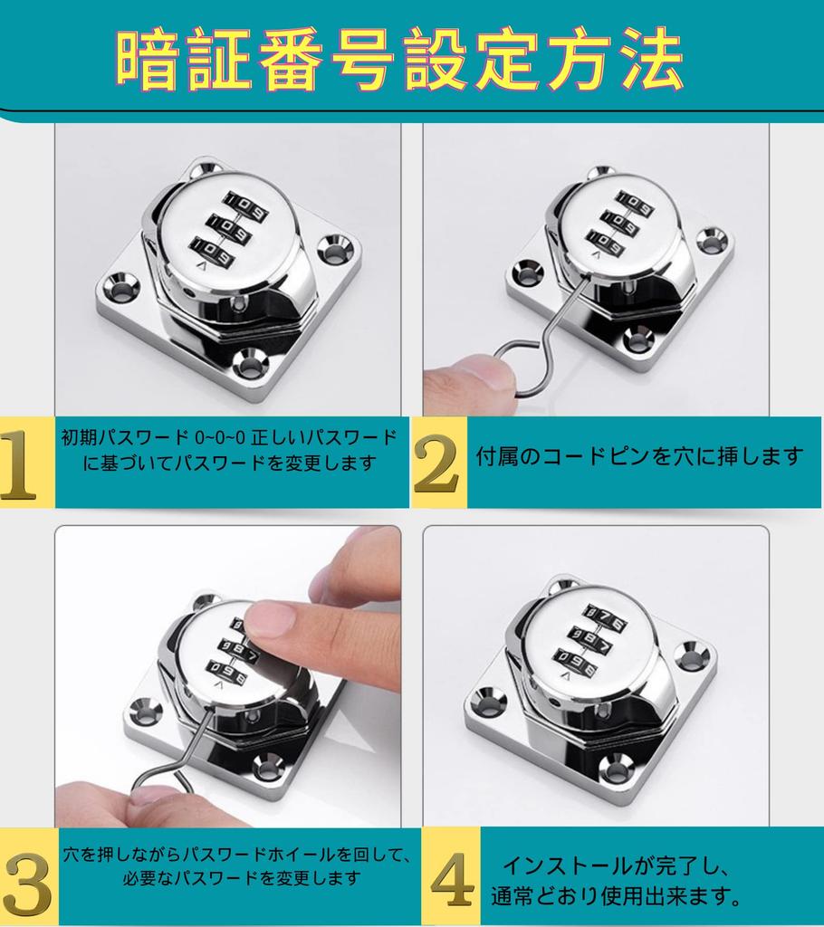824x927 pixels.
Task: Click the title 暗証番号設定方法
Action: [399, 61]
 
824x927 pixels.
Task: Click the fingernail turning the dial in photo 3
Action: [270, 620]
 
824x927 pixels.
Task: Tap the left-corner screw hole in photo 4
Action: [489, 698]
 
